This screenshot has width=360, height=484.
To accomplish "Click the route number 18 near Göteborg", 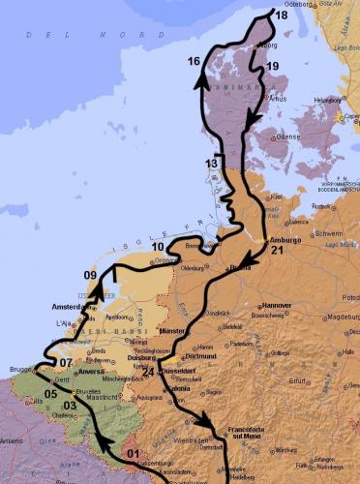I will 281,15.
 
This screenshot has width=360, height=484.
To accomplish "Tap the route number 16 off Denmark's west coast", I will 194,62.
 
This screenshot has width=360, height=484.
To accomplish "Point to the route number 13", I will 211,164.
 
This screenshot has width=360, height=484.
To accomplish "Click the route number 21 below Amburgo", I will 277,251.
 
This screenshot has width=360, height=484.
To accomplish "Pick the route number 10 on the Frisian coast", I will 157,247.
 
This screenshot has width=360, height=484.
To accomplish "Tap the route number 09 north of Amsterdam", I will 90,276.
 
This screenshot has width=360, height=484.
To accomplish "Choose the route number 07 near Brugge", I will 66,363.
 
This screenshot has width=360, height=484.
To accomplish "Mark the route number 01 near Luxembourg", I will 134,453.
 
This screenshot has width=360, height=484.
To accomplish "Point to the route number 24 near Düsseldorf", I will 148,372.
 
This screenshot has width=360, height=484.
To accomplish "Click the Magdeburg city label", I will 338,316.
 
